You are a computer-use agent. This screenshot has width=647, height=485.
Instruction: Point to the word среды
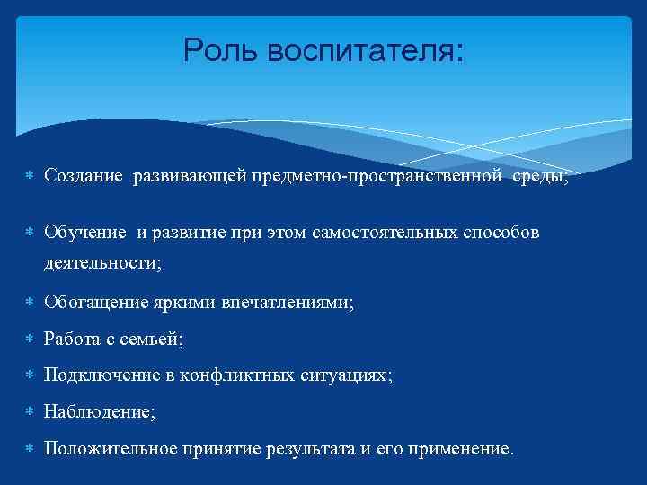point(540,177)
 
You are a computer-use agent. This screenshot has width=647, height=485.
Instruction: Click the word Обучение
point(85,234)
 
